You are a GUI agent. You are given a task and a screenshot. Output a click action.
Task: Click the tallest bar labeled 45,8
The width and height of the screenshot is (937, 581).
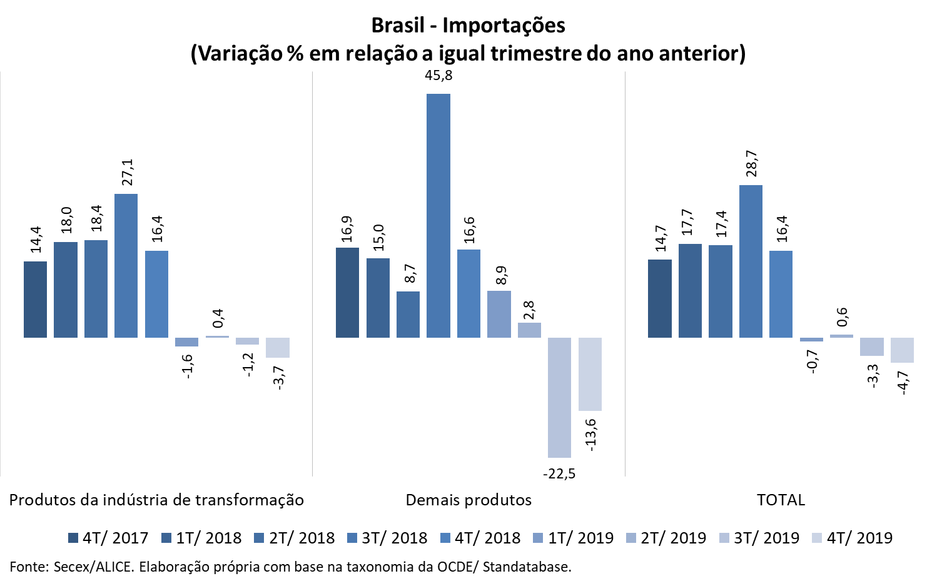point(438,216)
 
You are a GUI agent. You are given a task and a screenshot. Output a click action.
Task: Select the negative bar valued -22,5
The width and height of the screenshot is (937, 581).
point(559,398)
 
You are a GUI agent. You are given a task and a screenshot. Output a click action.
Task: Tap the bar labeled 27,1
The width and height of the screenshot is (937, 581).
point(126,266)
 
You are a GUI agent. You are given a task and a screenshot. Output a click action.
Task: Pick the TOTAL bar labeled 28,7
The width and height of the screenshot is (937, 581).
point(751,261)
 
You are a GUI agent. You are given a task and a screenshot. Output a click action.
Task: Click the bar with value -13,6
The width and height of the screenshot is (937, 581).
point(590,374)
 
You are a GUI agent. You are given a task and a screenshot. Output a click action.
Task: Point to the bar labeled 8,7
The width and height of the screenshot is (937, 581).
point(408,315)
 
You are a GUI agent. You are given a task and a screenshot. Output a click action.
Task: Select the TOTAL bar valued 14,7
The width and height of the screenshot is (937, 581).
point(659,298)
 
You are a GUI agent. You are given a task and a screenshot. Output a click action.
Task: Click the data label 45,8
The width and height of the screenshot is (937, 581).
point(438,76)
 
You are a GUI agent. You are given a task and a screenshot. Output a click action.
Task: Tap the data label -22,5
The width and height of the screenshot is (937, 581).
point(559,474)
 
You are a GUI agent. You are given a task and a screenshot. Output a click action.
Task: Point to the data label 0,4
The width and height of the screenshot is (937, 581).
point(218,318)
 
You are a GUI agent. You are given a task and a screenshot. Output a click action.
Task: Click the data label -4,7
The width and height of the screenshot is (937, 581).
point(903,381)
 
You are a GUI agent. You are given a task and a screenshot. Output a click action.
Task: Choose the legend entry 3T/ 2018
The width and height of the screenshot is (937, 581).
point(388,538)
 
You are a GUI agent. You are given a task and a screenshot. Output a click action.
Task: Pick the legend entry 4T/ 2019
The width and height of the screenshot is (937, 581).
point(853,538)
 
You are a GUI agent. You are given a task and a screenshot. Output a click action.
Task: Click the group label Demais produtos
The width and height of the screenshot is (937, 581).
point(468,500)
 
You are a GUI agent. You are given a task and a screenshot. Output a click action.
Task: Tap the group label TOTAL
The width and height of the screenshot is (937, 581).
point(781,500)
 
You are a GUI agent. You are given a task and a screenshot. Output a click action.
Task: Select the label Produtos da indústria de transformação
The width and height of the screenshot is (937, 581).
point(156,500)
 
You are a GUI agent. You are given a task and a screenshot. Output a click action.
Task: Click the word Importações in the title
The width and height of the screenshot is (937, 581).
point(504,26)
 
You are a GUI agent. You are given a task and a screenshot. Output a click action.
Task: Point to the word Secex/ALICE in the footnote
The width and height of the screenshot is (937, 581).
point(93,567)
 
